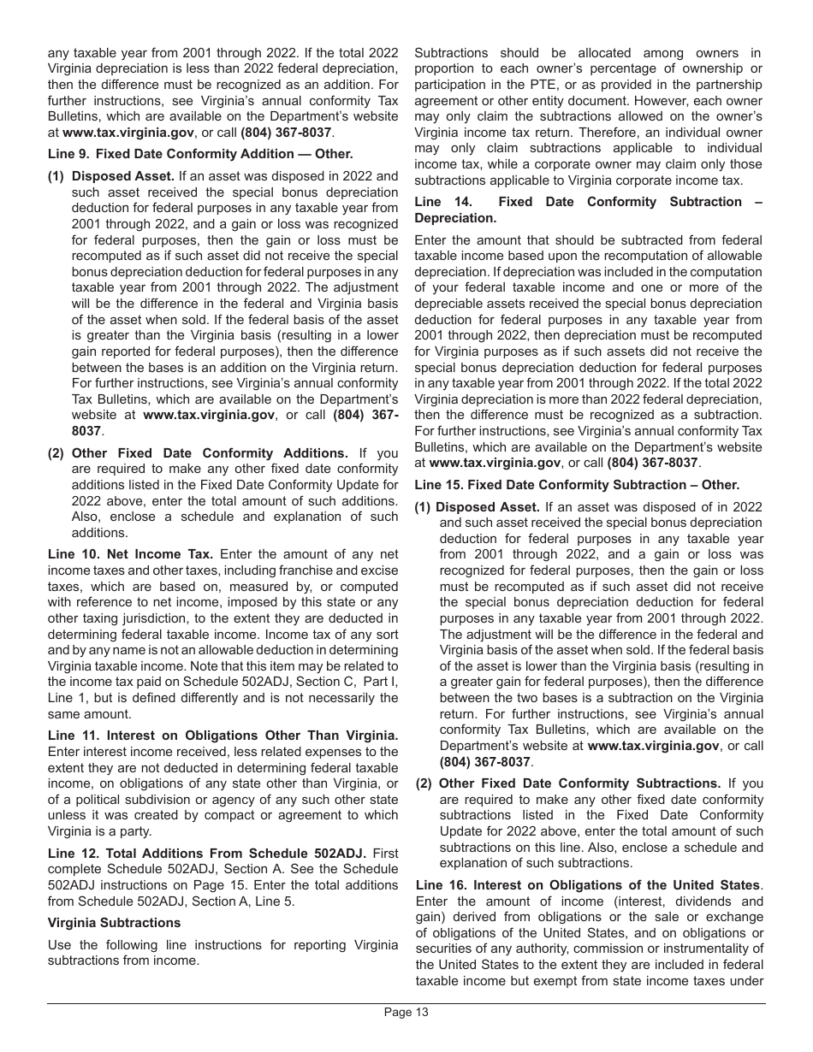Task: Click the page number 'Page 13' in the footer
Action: tap(406, 1012)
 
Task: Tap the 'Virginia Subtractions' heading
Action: tap(114, 922)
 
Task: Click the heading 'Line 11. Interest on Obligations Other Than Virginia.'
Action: tap(223, 735)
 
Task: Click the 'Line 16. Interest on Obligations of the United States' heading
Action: tap(588, 885)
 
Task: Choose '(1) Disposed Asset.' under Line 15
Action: tap(489, 506)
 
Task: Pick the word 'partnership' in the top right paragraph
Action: tap(727, 85)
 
